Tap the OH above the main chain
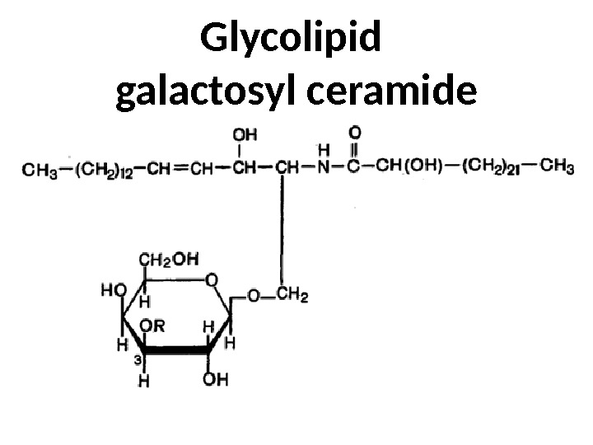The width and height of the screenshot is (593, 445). tap(245, 133)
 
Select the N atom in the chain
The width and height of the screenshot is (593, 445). tap(325, 170)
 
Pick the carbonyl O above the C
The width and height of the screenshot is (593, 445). tap(355, 132)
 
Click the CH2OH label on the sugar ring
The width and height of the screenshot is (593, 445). tap(168, 259)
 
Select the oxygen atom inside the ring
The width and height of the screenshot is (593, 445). tap(212, 281)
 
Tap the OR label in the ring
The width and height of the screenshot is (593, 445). tap(152, 326)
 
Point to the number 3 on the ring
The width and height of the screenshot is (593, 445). tap(138, 360)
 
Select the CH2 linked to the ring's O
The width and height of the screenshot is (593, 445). tap(292, 295)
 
